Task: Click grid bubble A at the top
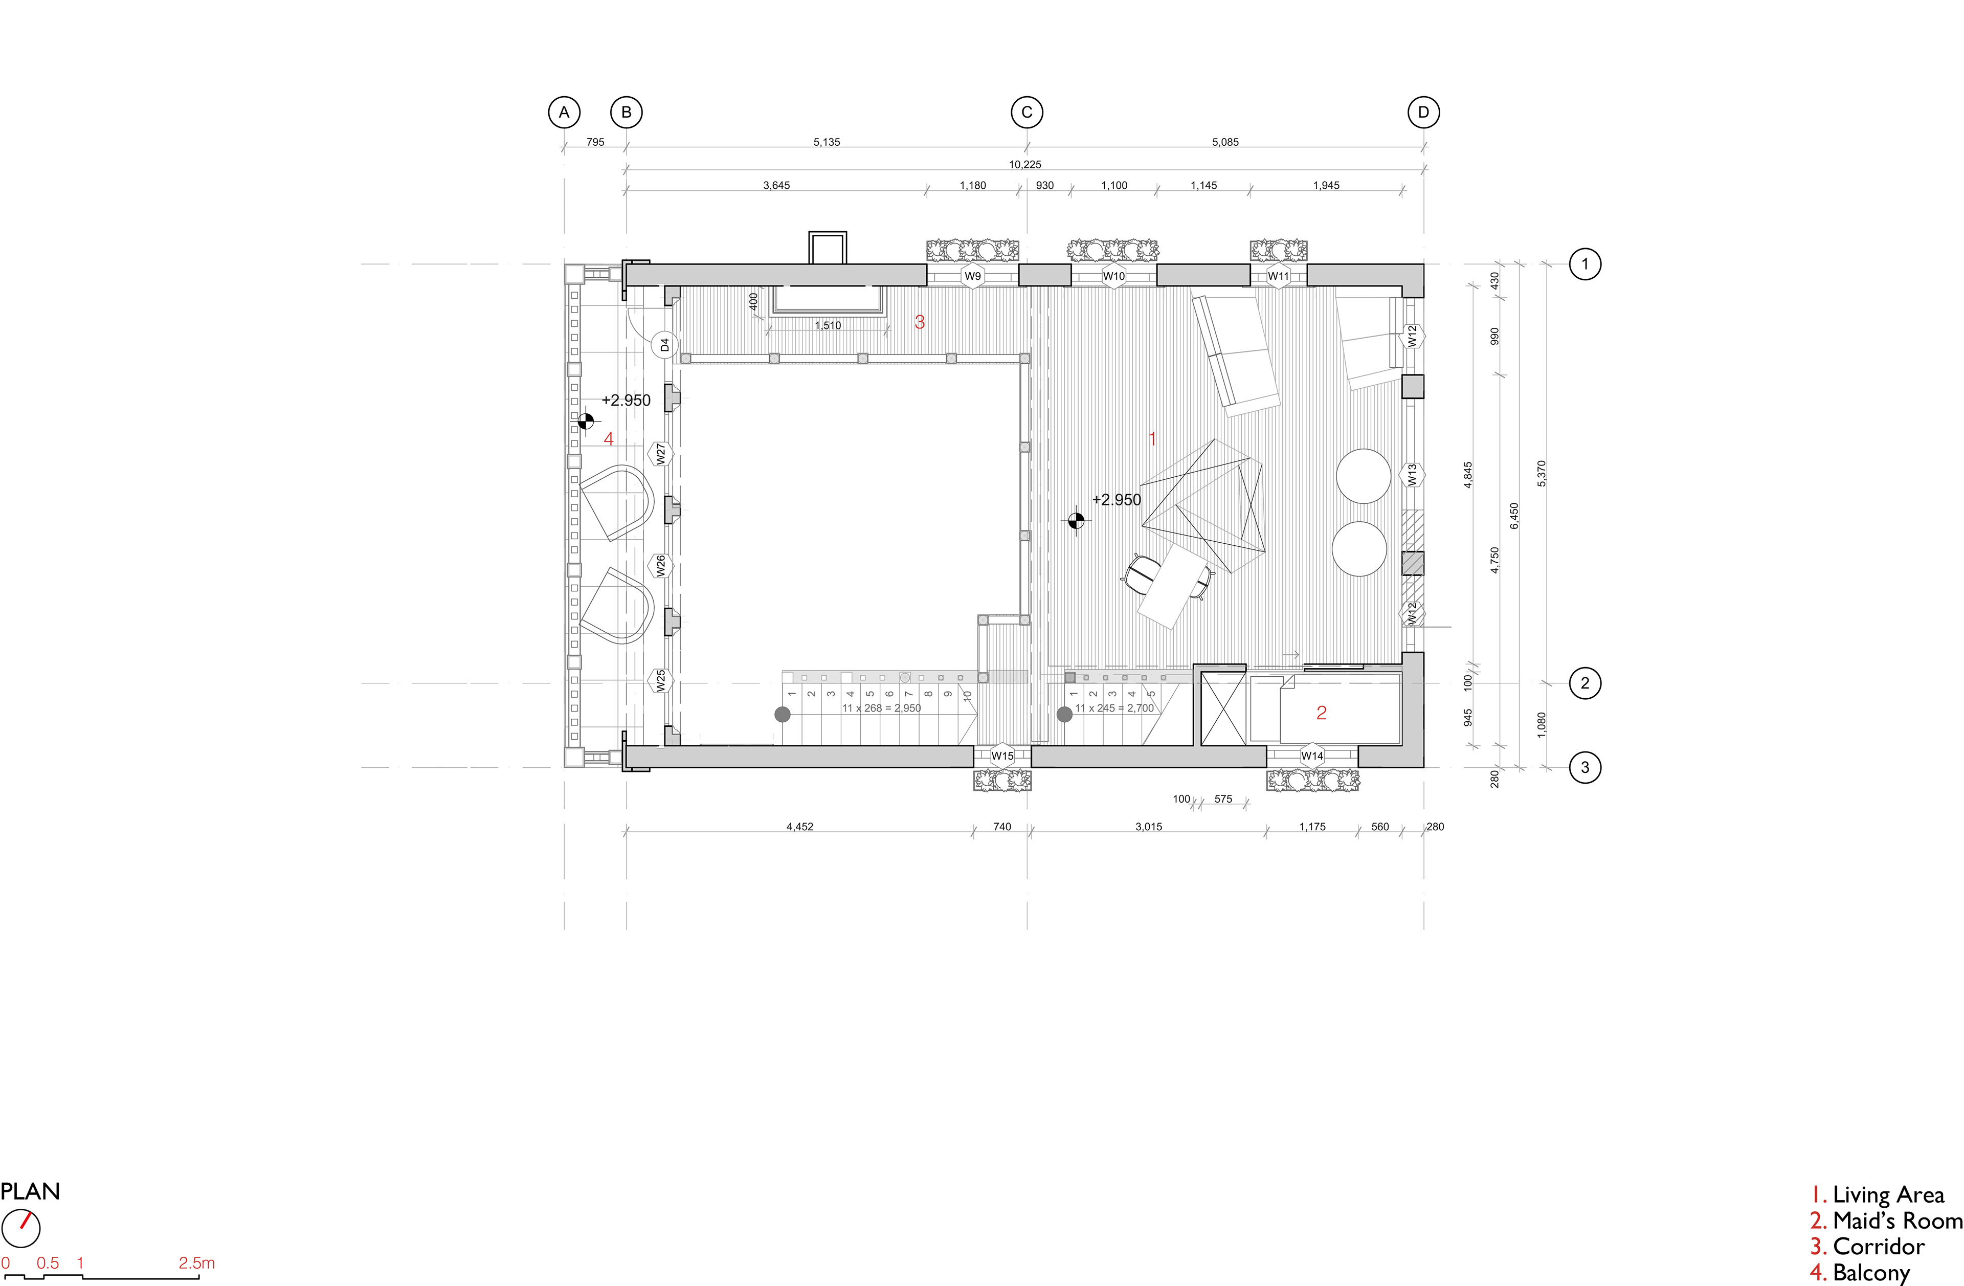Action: click(x=565, y=112)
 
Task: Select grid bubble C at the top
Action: click(x=1028, y=112)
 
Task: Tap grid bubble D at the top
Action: click(x=1423, y=112)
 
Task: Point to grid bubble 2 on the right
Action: click(x=1584, y=683)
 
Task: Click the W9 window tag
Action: click(x=973, y=276)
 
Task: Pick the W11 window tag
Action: click(x=1278, y=276)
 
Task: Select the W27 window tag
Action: click(x=661, y=453)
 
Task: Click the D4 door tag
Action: click(x=664, y=344)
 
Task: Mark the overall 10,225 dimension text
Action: click(x=1025, y=164)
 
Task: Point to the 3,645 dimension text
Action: click(x=776, y=186)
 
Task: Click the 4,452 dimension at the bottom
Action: click(x=799, y=826)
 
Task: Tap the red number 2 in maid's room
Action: click(x=1321, y=713)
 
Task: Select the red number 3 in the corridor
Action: click(x=920, y=322)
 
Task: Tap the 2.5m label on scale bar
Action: click(x=196, y=1263)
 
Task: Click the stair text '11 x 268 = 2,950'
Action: click(x=881, y=708)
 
